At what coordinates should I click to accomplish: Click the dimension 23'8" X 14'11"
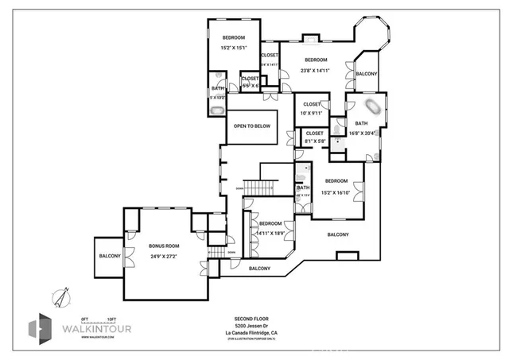(316, 70)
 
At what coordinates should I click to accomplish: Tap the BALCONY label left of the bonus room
(110, 256)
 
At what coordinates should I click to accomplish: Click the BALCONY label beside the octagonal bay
(367, 73)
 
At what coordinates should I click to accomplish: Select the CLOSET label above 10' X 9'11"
(312, 104)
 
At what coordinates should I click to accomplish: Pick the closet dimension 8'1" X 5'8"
(314, 141)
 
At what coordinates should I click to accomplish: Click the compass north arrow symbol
(58, 296)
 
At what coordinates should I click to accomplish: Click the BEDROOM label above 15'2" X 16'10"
(336, 181)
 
